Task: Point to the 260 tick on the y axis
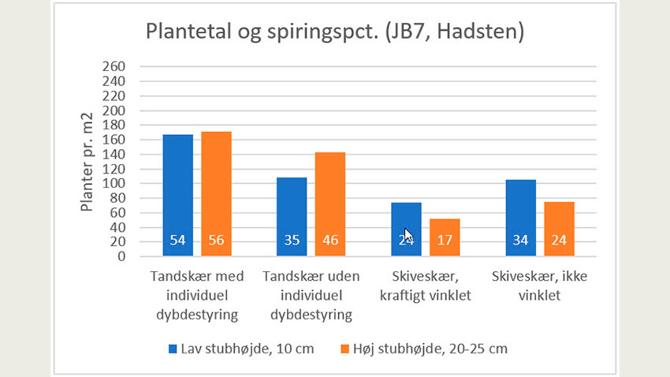[x=114, y=67]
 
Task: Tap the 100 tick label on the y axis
[x=114, y=183]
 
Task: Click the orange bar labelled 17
[x=445, y=237]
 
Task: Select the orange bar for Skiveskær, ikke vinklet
[x=559, y=229]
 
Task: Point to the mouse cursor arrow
[x=408, y=235]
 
